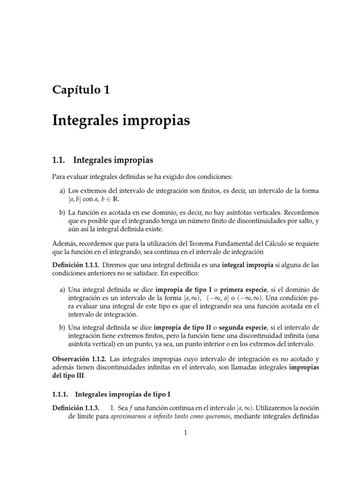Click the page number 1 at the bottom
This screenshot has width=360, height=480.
click(186, 433)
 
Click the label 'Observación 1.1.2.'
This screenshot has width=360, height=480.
click(78, 358)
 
